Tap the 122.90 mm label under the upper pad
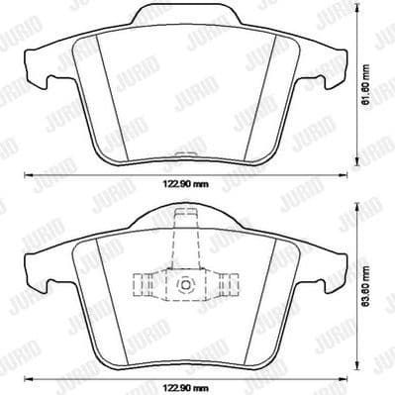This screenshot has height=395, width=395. pos(186,185)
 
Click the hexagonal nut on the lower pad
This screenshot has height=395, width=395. pos(185,286)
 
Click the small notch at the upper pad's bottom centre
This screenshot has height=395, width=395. pos(186,152)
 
